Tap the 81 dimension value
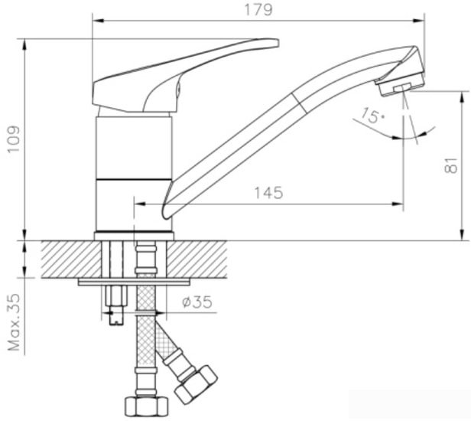451,165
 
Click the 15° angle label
370,116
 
